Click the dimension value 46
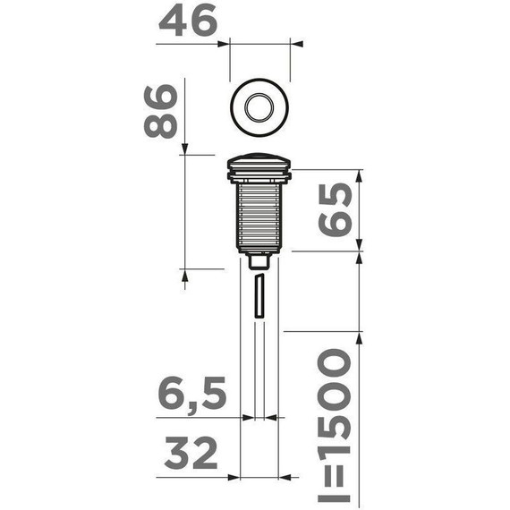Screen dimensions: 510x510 point(188,22)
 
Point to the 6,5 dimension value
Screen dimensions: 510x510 point(188,395)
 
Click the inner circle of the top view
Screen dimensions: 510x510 point(259,106)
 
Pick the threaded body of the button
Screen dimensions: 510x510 point(259,215)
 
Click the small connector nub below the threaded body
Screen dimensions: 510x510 point(259,261)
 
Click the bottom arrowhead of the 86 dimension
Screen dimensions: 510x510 point(185,275)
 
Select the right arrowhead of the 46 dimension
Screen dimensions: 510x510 point(297,41)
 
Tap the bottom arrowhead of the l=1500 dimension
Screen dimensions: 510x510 point(361,502)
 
